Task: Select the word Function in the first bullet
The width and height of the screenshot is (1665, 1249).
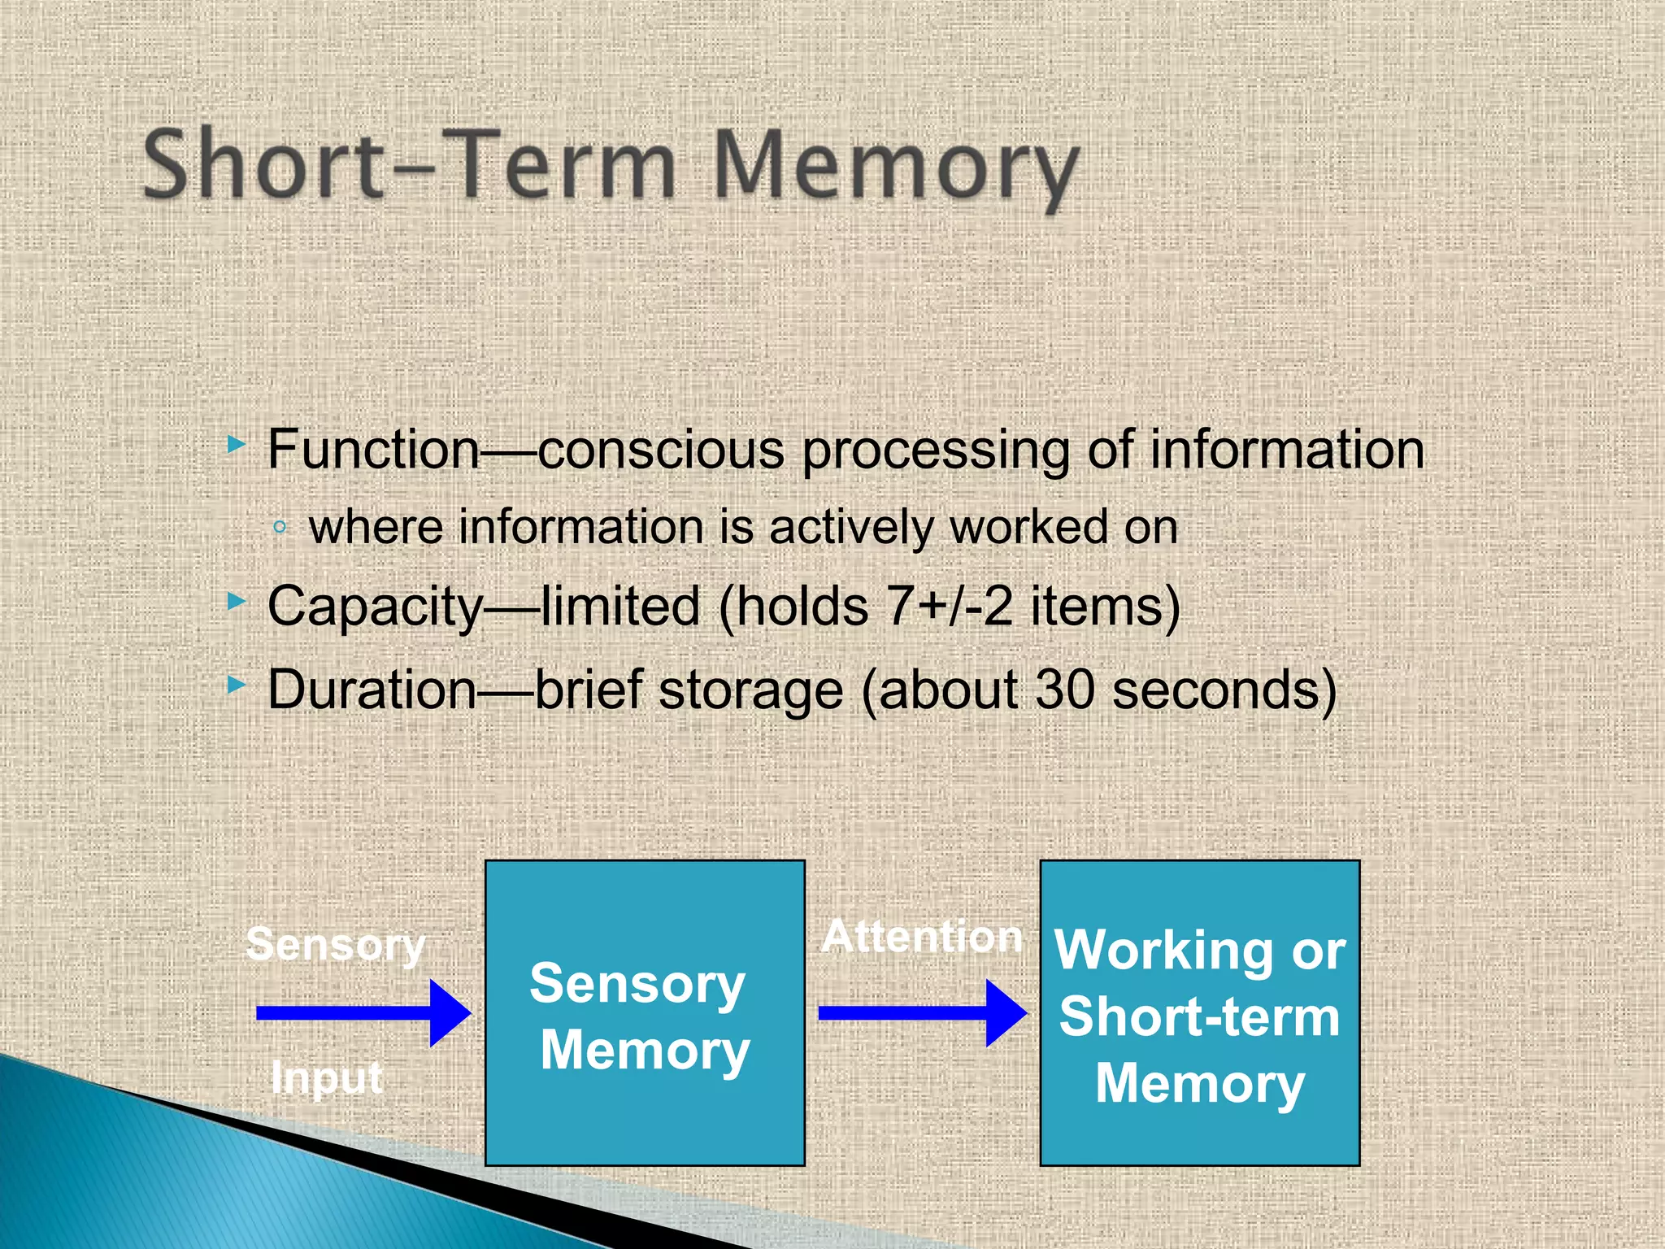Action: click(374, 449)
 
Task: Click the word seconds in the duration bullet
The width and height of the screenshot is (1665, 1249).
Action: click(1215, 690)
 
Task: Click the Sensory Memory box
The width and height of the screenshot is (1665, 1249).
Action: click(645, 1013)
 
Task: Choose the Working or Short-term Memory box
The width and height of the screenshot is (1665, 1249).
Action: click(1200, 1013)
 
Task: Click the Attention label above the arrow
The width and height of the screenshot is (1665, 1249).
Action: click(922, 937)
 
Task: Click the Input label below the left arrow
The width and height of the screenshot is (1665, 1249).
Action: click(327, 1078)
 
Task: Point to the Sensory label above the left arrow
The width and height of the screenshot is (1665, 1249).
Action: click(336, 945)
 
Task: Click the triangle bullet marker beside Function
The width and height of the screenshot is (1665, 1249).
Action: click(236, 444)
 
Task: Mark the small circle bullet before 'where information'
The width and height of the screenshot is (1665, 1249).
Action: click(280, 527)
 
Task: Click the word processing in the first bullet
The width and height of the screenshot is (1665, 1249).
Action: click(935, 449)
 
